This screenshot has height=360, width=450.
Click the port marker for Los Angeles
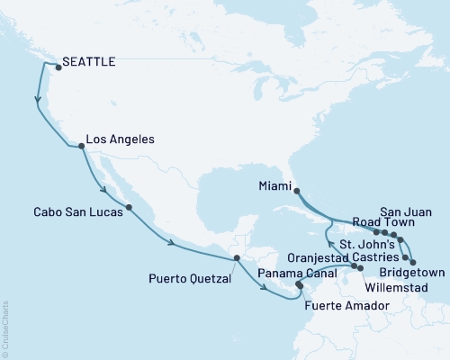click(x=81, y=146)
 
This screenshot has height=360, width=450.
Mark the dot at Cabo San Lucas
click(x=130, y=208)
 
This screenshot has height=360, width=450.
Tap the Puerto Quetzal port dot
click(x=236, y=258)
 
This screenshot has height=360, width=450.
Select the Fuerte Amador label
click(x=346, y=306)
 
